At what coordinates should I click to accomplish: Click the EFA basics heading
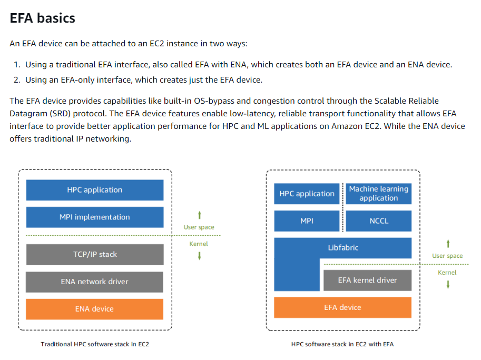coord(42,18)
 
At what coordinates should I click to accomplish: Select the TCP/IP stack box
coord(95,254)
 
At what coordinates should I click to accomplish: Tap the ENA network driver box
coord(94,282)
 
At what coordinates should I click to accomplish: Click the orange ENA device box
coord(94,309)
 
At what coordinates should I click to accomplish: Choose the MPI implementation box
coord(95,217)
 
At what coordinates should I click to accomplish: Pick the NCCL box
coord(379,221)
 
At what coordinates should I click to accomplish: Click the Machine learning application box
coord(379,193)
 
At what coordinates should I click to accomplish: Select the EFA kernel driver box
coord(368,280)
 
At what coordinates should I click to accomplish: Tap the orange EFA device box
coord(342,307)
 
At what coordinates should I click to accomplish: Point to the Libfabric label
coord(343,247)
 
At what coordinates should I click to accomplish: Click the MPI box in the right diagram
coord(307,221)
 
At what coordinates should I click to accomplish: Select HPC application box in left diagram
coord(95,190)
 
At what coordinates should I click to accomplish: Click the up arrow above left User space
coord(199,215)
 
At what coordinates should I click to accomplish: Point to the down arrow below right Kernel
coord(448,285)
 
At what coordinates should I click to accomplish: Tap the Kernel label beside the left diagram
coord(199,244)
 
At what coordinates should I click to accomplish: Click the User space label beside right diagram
coord(447,256)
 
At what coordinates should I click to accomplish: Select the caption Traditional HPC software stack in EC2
coord(95,344)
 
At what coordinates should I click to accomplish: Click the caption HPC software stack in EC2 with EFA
coord(342,344)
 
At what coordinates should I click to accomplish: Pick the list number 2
coord(17,80)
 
